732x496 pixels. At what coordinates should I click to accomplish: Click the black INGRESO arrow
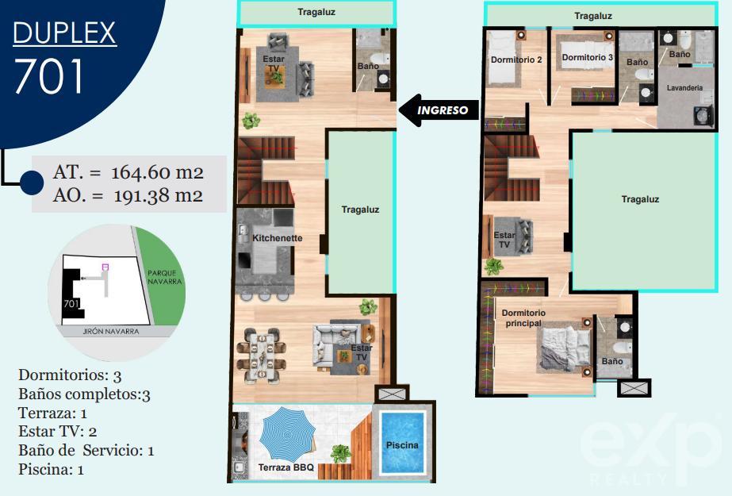(x=439, y=110)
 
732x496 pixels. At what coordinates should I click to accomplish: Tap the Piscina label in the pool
(x=402, y=445)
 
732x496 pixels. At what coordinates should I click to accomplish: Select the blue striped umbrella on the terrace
(x=286, y=435)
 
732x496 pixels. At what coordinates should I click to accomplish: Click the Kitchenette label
(x=278, y=238)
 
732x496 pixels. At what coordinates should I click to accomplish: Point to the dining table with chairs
(x=261, y=355)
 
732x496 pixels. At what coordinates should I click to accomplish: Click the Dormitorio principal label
(x=523, y=317)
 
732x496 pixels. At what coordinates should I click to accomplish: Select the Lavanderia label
(x=684, y=87)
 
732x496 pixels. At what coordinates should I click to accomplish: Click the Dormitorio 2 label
(x=516, y=60)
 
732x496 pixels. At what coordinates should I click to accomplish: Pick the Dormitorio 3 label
(x=588, y=57)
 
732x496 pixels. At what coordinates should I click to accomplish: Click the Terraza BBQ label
(x=286, y=467)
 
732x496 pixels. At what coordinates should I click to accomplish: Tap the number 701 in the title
(x=48, y=75)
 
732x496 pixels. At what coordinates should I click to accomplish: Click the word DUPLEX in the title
(x=64, y=33)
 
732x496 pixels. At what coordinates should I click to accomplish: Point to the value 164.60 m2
(x=157, y=172)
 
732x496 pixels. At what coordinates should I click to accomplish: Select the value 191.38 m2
(x=159, y=195)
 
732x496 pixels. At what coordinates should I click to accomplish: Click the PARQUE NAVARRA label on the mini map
(x=164, y=278)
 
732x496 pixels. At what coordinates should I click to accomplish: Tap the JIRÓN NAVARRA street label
(x=111, y=331)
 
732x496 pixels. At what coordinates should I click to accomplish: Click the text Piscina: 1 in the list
(x=51, y=469)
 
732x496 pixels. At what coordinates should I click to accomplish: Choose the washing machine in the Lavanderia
(x=703, y=115)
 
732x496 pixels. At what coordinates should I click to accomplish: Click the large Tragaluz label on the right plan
(x=640, y=199)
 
